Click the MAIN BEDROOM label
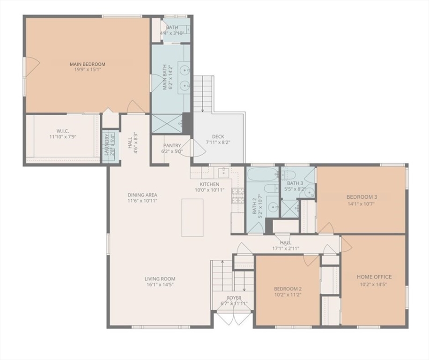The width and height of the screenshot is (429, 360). pos(87,64)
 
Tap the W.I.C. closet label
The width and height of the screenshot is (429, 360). pos(63,131)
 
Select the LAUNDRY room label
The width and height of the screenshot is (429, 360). pos(107,145)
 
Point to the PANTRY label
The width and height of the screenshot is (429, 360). pos(172,146)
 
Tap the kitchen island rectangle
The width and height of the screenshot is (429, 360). pos(192,217)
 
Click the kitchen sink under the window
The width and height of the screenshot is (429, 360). pos(224,172)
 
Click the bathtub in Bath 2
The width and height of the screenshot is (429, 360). pos(263,175)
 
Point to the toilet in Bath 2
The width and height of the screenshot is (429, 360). pos(270,188)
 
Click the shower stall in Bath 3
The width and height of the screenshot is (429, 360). pos(289,208)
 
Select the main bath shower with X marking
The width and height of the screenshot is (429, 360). pos(166,123)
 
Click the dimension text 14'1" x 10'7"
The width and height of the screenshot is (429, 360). pos(362,203)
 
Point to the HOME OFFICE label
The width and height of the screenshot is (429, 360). pos(374,277)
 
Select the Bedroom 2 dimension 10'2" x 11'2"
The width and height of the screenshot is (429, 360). pos(288,295)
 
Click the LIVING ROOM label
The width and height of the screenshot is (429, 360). pos(160,279)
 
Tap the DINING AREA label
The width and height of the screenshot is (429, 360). pos(142,195)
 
